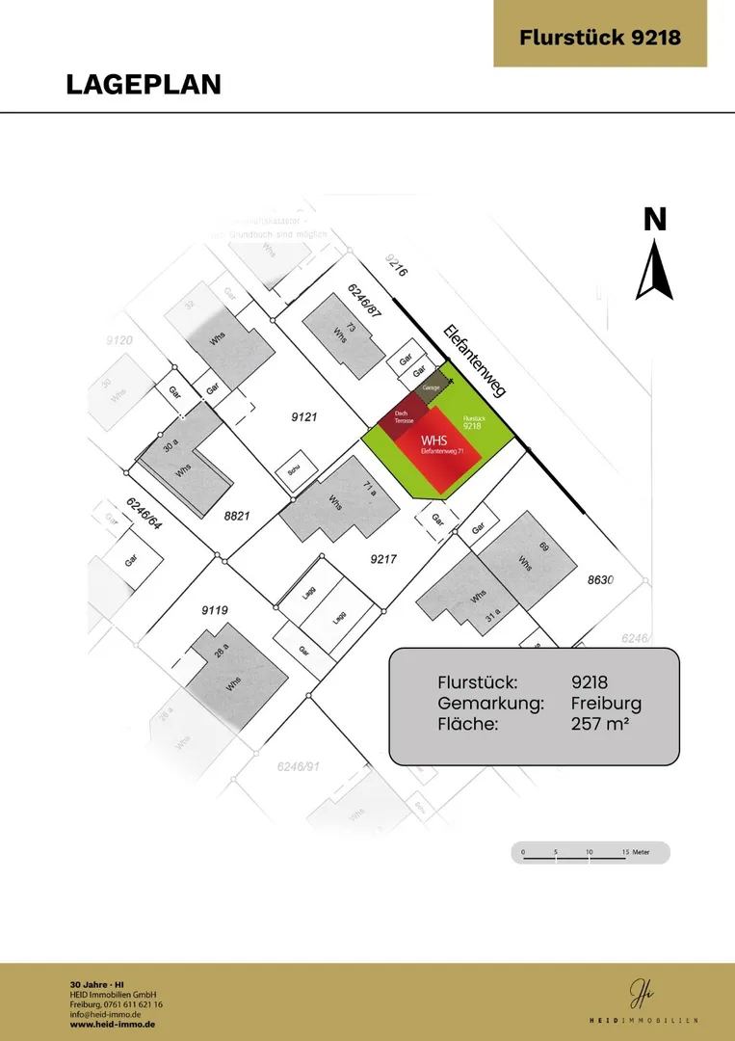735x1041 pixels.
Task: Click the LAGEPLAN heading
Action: [144, 85]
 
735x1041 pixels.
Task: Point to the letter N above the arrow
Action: [655, 220]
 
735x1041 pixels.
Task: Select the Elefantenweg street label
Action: [474, 360]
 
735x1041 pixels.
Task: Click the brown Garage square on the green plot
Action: [431, 387]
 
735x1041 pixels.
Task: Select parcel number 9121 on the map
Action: [304, 417]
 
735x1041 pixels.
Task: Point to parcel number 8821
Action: [237, 516]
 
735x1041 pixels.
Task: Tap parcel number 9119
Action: [215, 610]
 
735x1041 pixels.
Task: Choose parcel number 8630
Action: [600, 580]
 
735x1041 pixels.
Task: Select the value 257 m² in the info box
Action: [600, 723]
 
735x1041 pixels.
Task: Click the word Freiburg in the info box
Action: [606, 703]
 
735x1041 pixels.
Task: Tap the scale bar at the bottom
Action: [589, 853]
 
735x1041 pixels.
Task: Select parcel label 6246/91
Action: [299, 767]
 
